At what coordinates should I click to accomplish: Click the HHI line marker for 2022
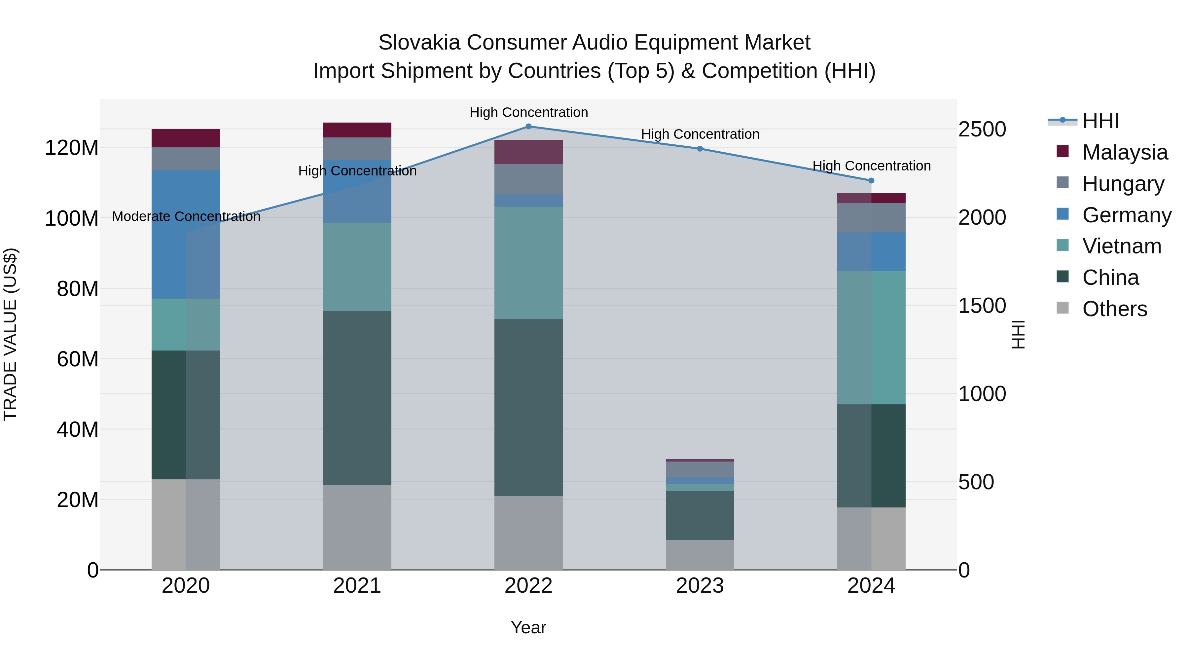tap(528, 127)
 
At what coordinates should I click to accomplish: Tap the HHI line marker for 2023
tap(700, 149)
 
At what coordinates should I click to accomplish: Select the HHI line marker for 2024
tap(871, 180)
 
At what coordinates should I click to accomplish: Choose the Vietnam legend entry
tap(1122, 246)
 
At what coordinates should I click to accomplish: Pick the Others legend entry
tap(1114, 309)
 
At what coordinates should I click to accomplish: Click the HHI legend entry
tap(1100, 121)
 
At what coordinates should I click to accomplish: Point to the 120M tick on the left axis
tap(72, 148)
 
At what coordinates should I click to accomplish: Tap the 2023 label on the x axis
tap(700, 586)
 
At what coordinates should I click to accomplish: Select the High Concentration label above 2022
tap(528, 112)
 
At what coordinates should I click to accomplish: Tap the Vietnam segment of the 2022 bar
tap(528, 263)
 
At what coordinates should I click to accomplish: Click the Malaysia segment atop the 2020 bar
tap(186, 138)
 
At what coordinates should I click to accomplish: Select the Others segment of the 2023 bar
tap(700, 555)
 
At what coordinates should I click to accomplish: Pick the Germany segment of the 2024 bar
tap(871, 252)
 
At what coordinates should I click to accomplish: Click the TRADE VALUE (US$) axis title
tap(10, 334)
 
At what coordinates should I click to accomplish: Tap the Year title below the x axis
tap(528, 627)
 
